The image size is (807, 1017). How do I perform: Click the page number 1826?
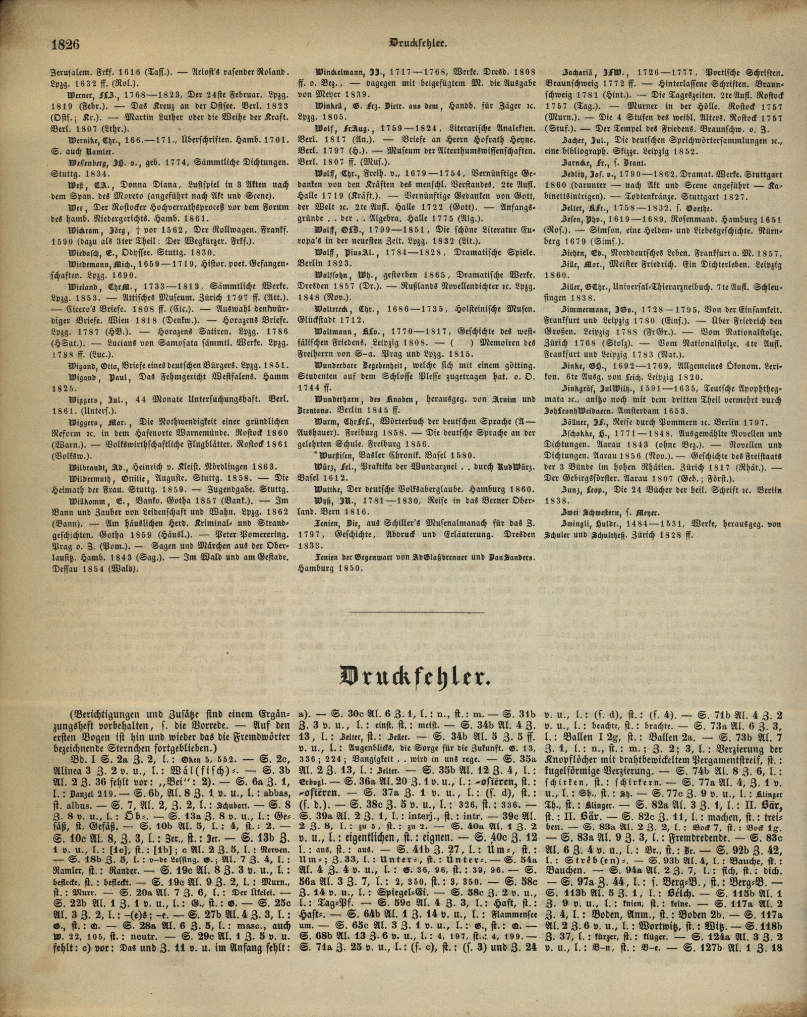pyautogui.click(x=66, y=44)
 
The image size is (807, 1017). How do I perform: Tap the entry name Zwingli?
pyautogui.click(x=575, y=524)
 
